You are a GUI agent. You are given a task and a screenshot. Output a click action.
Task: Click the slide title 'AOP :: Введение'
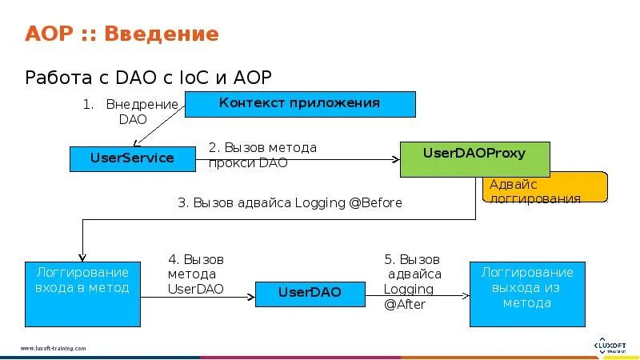(x=122, y=34)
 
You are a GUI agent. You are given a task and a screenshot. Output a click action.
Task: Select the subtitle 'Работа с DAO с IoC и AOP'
(x=149, y=77)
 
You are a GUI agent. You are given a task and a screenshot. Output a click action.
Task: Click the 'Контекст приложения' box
(x=300, y=104)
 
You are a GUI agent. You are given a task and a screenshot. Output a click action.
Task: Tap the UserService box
(x=132, y=158)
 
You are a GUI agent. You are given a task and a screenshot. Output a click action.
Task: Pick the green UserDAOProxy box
(x=474, y=158)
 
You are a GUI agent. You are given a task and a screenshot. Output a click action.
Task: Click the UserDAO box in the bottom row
(x=310, y=293)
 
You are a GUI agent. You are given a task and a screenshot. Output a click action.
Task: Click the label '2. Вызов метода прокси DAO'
(x=262, y=155)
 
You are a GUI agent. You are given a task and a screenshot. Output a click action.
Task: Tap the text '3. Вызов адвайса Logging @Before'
(x=290, y=203)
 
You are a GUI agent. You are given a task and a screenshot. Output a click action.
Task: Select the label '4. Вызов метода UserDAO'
(x=196, y=274)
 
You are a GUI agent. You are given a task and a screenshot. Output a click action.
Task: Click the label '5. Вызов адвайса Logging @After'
(x=412, y=282)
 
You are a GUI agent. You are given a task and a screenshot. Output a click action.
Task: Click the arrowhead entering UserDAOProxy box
(x=396, y=160)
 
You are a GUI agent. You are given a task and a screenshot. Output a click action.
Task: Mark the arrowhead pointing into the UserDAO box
(x=251, y=296)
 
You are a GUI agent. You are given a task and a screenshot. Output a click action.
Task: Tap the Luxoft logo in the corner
(x=610, y=345)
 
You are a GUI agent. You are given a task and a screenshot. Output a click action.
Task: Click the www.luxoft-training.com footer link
(x=53, y=349)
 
